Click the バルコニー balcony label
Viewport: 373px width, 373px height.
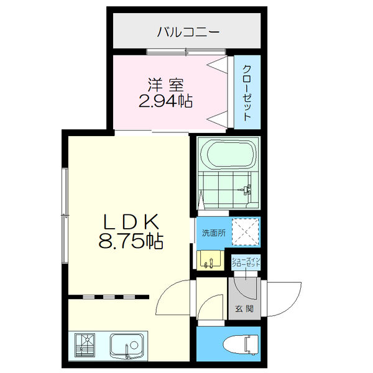tap(188, 32)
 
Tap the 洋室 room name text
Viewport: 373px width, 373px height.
tap(165, 85)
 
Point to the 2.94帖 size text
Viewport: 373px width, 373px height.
tap(165, 101)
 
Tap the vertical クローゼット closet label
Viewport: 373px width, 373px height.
tap(247, 93)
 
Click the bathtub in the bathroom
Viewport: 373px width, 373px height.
tap(228, 154)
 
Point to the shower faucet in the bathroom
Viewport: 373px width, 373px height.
tap(247, 190)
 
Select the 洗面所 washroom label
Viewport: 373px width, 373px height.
tap(214, 233)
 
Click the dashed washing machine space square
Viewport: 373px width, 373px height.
tap(246, 232)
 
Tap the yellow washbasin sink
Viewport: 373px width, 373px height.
tap(211, 260)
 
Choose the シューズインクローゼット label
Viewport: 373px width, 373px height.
tap(246, 262)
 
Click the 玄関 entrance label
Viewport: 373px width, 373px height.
tap(244, 309)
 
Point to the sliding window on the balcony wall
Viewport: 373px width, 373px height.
tap(186, 52)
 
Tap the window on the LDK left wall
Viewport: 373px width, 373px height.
tap(65, 216)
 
